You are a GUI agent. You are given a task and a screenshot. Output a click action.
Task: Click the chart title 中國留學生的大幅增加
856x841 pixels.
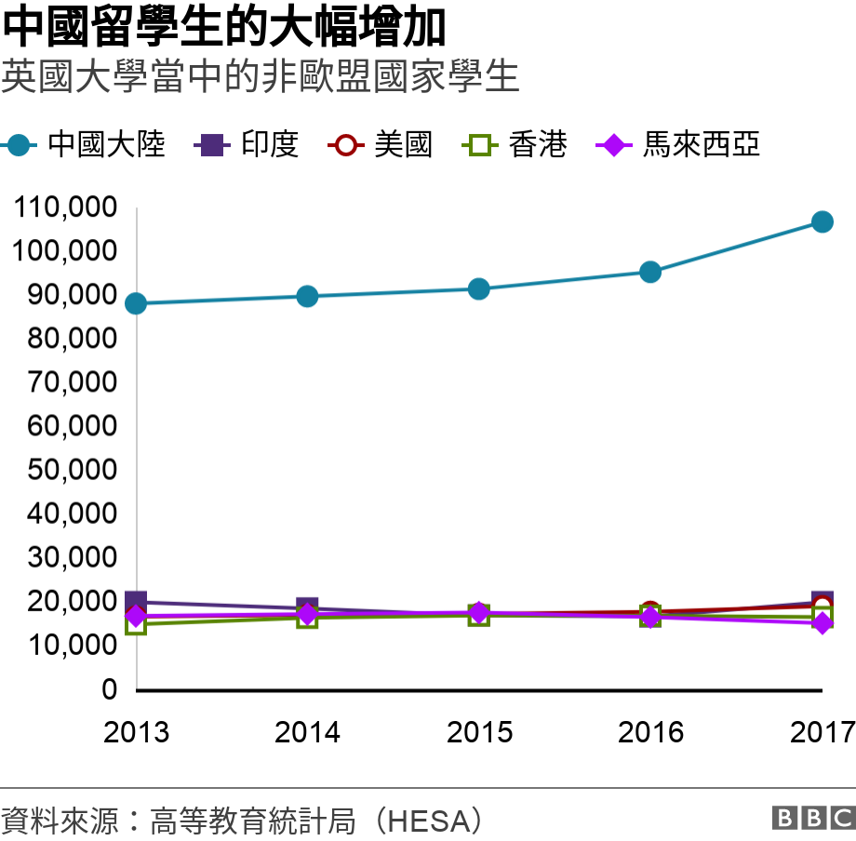224,28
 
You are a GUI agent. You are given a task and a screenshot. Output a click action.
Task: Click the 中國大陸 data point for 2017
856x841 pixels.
822,221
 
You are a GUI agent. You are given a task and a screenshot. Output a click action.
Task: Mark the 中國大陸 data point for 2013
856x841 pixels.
136,303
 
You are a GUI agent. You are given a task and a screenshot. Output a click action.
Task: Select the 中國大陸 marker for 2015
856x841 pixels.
478,289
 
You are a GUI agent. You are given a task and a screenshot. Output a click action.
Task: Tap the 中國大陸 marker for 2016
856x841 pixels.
650,272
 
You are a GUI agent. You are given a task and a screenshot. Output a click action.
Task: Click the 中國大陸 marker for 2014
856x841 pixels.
307,297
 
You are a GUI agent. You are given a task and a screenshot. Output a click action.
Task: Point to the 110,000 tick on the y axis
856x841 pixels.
65,207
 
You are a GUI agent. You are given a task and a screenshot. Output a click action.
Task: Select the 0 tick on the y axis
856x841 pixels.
110,689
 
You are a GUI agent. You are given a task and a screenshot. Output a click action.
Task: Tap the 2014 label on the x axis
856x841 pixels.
307,732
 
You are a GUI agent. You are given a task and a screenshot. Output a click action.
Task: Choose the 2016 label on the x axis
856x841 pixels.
650,732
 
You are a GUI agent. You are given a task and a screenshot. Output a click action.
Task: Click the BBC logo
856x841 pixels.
812,818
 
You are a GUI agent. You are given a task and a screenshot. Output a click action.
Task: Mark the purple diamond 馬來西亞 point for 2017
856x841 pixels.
822,622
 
